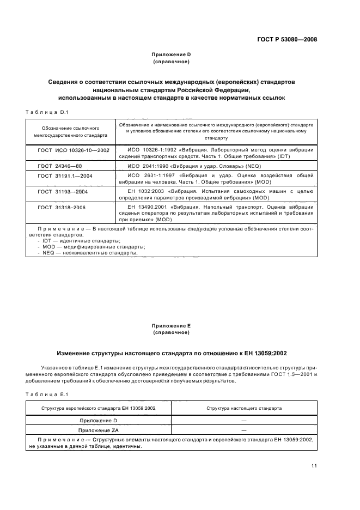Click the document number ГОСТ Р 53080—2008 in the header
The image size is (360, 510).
coord(286,39)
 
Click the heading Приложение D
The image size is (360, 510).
coord(172,54)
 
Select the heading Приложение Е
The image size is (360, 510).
coord(172,325)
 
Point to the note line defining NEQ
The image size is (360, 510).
coord(87,252)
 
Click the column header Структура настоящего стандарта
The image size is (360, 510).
coord(243,408)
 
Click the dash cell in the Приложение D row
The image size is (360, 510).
coord(243,420)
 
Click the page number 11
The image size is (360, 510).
coord(314,465)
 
